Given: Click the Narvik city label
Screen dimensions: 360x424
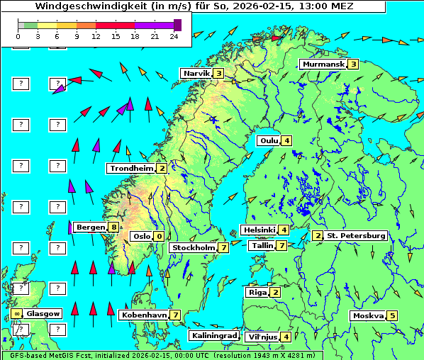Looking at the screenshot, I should point(196,73).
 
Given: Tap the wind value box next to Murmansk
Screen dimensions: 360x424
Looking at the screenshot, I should point(352,64).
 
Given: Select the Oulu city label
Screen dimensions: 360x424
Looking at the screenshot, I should point(269,140).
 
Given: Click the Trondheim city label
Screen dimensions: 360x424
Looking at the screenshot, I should point(131,168).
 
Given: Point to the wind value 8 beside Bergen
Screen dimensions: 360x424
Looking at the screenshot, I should point(113,227).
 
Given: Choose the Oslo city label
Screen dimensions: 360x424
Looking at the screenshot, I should point(141,236).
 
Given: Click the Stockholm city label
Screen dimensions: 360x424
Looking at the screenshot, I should point(193,247).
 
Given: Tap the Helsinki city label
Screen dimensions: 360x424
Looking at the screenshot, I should point(259,230).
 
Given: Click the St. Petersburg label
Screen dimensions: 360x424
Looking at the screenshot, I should point(356,235).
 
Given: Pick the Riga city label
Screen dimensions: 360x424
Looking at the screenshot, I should point(256,292).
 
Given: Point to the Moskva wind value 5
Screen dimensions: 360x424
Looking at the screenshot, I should point(392,315).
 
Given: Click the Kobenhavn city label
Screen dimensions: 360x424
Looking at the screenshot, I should point(144,315).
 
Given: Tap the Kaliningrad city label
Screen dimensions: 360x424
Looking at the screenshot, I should point(214,335).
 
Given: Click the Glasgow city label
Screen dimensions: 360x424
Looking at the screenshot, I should point(44,313).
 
